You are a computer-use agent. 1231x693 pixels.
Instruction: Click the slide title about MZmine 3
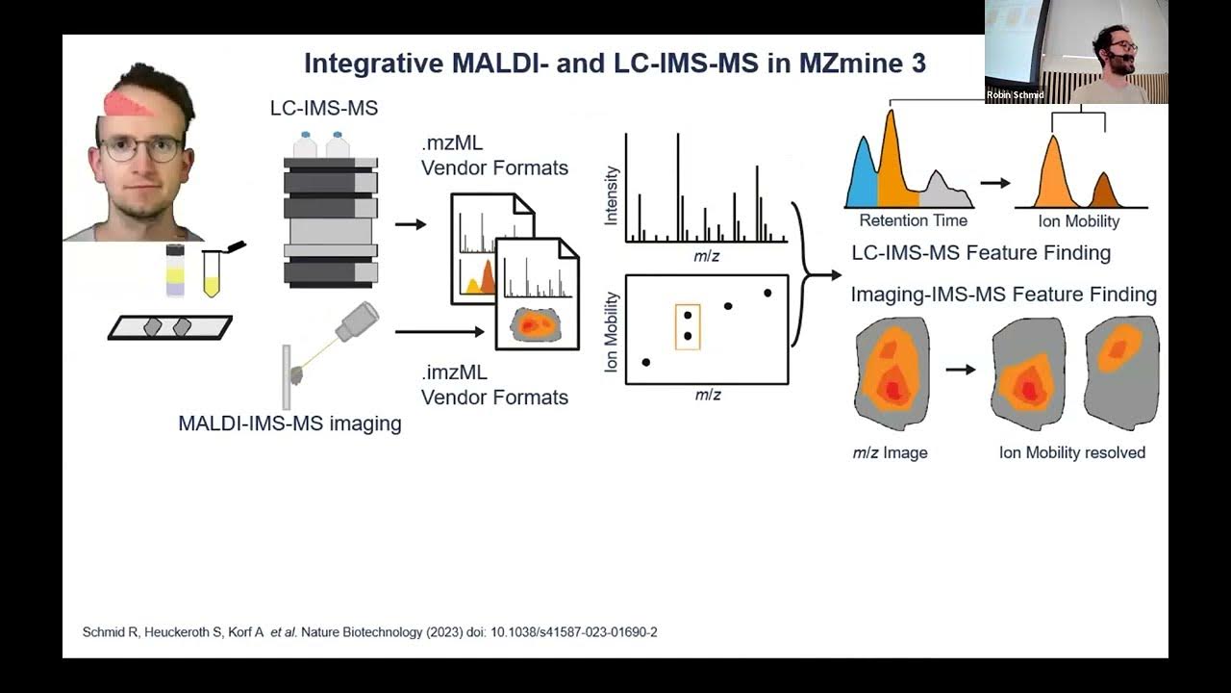coord(615,64)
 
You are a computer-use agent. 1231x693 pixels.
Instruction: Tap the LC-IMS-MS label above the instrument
coord(324,109)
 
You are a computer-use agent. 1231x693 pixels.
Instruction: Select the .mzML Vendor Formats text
coord(494,156)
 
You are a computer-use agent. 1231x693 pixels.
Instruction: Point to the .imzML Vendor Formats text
coord(494,385)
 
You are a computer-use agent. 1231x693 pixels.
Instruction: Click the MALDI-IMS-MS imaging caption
coord(289,423)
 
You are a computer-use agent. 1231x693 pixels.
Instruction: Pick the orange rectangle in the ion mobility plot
coord(688,326)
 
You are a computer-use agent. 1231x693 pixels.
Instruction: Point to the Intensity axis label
coord(611,195)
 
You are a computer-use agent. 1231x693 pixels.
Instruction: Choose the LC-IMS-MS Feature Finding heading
coord(981,253)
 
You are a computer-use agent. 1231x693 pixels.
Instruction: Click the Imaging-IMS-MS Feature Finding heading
coord(1003,295)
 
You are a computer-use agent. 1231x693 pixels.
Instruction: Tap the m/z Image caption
coord(890,452)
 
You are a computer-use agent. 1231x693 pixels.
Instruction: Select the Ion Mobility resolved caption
coord(1072,452)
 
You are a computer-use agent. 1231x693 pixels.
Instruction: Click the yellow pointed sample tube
coord(212,274)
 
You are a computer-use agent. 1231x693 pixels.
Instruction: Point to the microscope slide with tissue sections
coord(170,327)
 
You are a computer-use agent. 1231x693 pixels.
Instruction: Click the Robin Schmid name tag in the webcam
coord(1015,95)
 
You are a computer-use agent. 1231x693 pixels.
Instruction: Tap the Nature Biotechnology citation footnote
coord(370,632)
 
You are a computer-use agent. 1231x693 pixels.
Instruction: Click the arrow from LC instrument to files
coord(411,224)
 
